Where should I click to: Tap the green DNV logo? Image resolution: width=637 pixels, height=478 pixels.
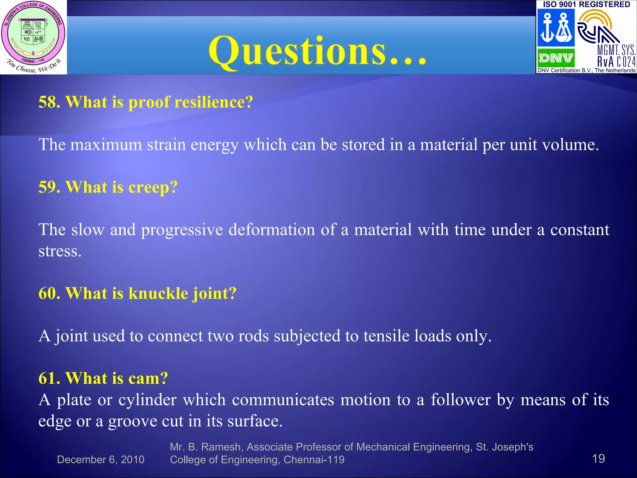(x=556, y=58)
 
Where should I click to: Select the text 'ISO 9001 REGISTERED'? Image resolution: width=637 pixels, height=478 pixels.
(x=586, y=4)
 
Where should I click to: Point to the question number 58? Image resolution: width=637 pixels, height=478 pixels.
(x=49, y=102)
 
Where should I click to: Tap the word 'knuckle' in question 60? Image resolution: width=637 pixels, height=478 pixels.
(x=158, y=293)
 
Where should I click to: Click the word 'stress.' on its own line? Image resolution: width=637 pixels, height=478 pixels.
(x=60, y=251)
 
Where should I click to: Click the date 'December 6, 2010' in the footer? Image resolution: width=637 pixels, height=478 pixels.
(x=100, y=460)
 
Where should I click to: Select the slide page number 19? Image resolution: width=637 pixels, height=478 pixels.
(x=598, y=458)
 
